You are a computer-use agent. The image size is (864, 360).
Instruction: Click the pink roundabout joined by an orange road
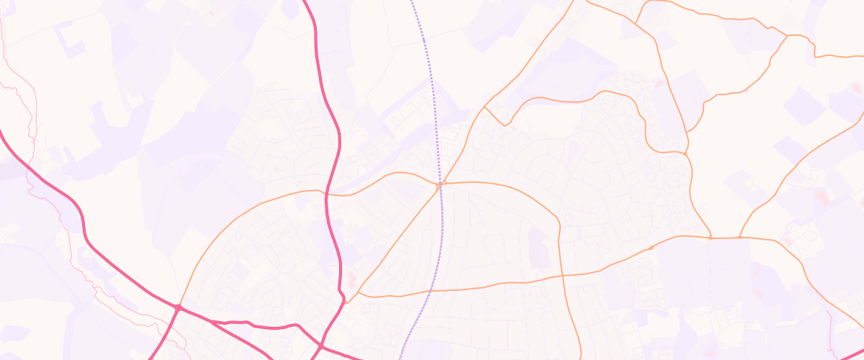point(178,308)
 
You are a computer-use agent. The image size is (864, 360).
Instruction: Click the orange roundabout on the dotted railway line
point(439,185)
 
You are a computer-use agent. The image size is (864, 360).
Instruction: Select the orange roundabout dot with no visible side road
point(652,248)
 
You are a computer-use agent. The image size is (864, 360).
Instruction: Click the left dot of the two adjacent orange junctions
point(711,237)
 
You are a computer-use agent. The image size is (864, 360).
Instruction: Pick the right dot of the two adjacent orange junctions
point(740,237)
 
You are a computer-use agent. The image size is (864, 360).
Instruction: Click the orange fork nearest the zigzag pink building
point(358,294)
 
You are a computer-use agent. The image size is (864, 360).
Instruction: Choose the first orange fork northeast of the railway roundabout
point(485,107)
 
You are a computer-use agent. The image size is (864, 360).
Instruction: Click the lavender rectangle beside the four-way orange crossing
point(539,248)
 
